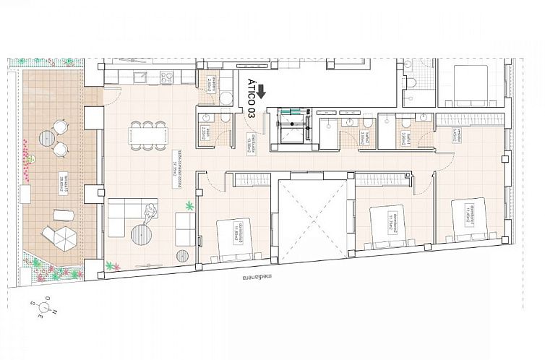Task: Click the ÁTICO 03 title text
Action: [251, 98]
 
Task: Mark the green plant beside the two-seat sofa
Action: [191, 207]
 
